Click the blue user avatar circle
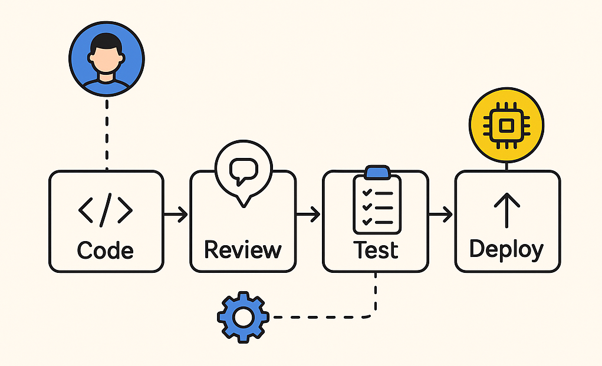106,60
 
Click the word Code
106,250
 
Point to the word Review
242,249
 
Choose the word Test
376,249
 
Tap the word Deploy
506,249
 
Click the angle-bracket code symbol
106,210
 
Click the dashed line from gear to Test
324,317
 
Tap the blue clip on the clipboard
376,172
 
